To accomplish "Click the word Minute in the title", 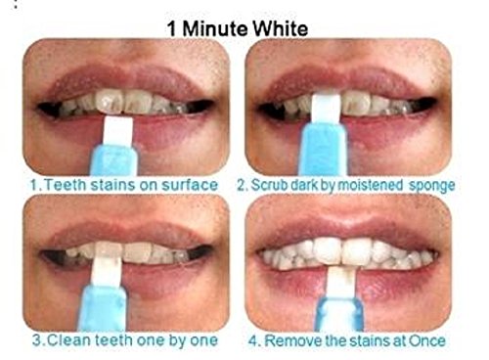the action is coord(214,28).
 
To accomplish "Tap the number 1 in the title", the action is coord(172,28).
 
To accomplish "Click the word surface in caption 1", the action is coord(190,185).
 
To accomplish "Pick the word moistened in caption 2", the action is coord(369,185).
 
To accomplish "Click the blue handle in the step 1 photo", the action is coord(116,160).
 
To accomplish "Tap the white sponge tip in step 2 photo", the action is coord(325,109).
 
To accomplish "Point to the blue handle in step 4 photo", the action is coord(339,314).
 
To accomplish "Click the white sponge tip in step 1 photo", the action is coord(118,131).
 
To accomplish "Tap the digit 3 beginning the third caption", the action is coord(38,340).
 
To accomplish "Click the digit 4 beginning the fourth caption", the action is coord(253,341).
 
